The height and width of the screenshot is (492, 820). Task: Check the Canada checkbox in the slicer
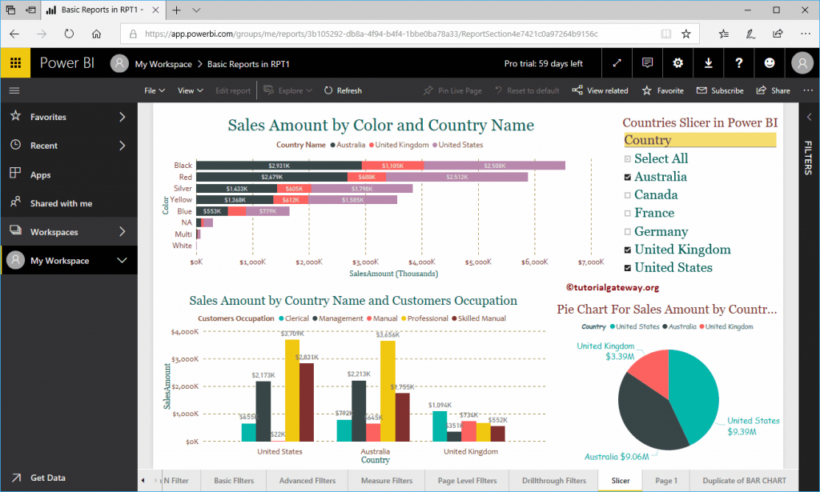click(629, 195)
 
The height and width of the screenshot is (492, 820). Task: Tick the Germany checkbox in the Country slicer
click(629, 232)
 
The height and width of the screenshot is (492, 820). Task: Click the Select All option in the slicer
click(660, 158)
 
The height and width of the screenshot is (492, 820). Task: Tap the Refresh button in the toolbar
click(343, 90)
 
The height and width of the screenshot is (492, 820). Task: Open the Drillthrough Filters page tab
click(553, 481)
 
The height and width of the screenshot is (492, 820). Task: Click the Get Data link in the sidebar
click(47, 478)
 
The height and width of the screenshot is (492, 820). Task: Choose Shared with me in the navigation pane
click(61, 203)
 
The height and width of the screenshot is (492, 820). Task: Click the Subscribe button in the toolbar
click(720, 90)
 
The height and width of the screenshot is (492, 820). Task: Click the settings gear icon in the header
click(677, 63)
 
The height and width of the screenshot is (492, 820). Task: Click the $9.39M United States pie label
click(753, 426)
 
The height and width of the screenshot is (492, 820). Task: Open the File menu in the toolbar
click(154, 90)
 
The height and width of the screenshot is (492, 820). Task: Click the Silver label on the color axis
click(183, 188)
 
